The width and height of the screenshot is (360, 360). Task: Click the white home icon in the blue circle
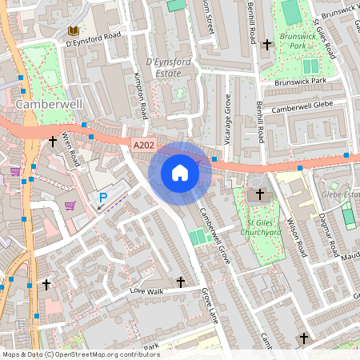pyautogui.click(x=180, y=173)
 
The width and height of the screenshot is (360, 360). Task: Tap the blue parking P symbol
pyautogui.click(x=102, y=198)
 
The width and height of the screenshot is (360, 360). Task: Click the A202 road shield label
pyautogui.click(x=143, y=143)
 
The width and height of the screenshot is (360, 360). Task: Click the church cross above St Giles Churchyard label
pyautogui.click(x=260, y=194)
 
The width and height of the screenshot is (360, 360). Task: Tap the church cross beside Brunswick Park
pyautogui.click(x=267, y=42)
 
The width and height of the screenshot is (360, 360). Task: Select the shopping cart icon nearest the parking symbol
pyautogui.click(x=70, y=206)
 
